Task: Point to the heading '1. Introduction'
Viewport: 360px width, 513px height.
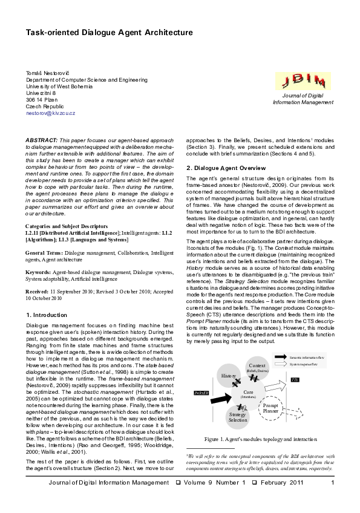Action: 47,315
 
